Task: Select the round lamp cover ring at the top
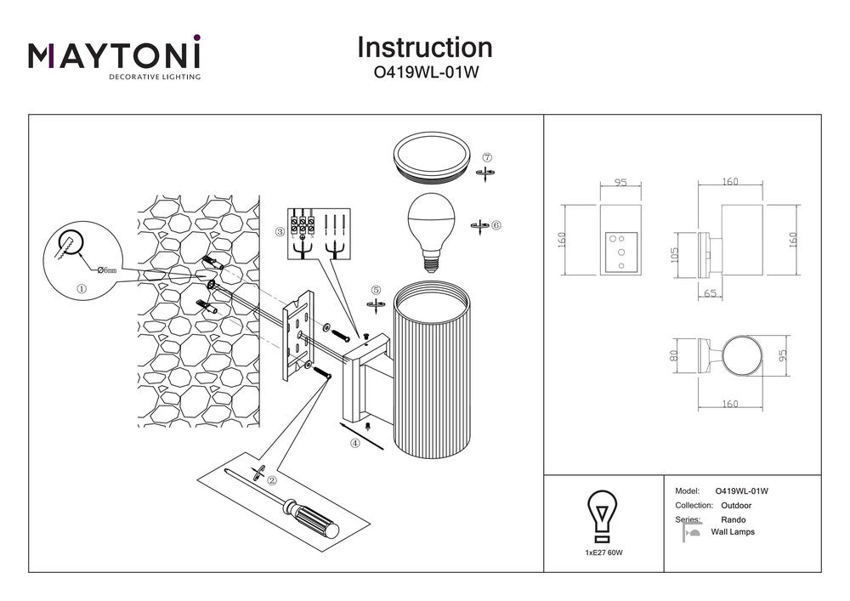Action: [x=431, y=157]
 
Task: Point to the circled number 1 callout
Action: [x=82, y=288]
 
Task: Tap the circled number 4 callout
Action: [x=354, y=442]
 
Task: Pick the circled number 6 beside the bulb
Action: [x=496, y=225]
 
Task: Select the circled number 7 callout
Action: [x=487, y=157]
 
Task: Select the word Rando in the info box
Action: [x=734, y=519]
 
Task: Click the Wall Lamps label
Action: [x=733, y=532]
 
